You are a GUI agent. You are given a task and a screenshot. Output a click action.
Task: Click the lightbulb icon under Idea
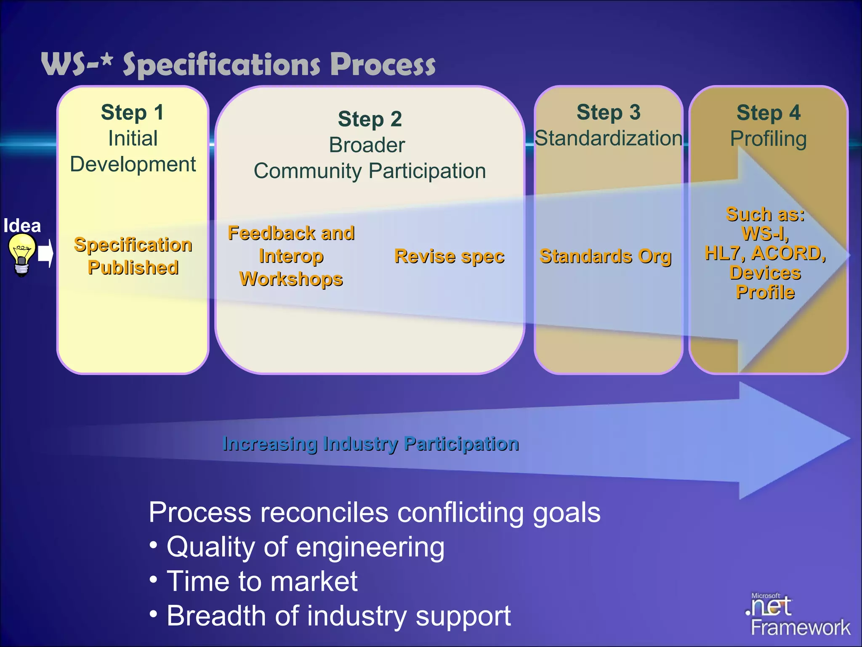21,254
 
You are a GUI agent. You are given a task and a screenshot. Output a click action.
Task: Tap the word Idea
22,226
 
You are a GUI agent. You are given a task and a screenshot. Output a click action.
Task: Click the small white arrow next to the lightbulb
45,254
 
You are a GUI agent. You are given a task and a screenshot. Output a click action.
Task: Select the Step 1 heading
132,112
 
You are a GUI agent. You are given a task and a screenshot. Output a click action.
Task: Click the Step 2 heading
370,119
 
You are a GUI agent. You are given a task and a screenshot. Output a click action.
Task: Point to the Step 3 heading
608,112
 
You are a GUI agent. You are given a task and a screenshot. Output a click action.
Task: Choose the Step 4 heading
768,113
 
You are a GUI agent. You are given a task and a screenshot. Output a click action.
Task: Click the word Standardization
608,139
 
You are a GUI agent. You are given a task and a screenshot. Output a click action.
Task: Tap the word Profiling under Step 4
768,139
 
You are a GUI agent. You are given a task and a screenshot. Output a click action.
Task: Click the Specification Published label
133,256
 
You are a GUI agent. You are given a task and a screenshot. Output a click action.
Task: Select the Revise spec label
449,256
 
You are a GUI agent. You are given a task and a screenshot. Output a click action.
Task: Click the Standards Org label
605,256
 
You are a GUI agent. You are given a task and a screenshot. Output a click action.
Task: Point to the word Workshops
291,279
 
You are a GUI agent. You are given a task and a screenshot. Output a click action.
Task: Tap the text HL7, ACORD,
765,253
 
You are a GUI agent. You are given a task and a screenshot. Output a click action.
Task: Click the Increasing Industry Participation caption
370,444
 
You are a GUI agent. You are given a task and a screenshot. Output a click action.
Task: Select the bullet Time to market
262,581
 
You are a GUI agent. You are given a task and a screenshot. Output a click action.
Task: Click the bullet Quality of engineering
305,547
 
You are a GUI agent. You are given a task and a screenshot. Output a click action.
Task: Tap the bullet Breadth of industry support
338,616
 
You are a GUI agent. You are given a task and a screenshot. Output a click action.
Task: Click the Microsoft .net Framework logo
795,615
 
